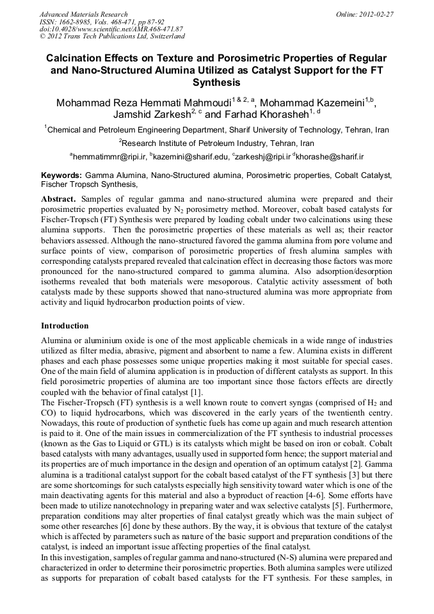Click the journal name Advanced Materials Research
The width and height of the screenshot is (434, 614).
pyautogui.click(x=83, y=13)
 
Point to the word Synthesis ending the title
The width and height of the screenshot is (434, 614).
pyautogui.click(x=216, y=83)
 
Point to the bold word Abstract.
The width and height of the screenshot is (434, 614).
pyautogui.click(x=60, y=198)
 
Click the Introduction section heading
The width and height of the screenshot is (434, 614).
pyautogui.click(x=65, y=325)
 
